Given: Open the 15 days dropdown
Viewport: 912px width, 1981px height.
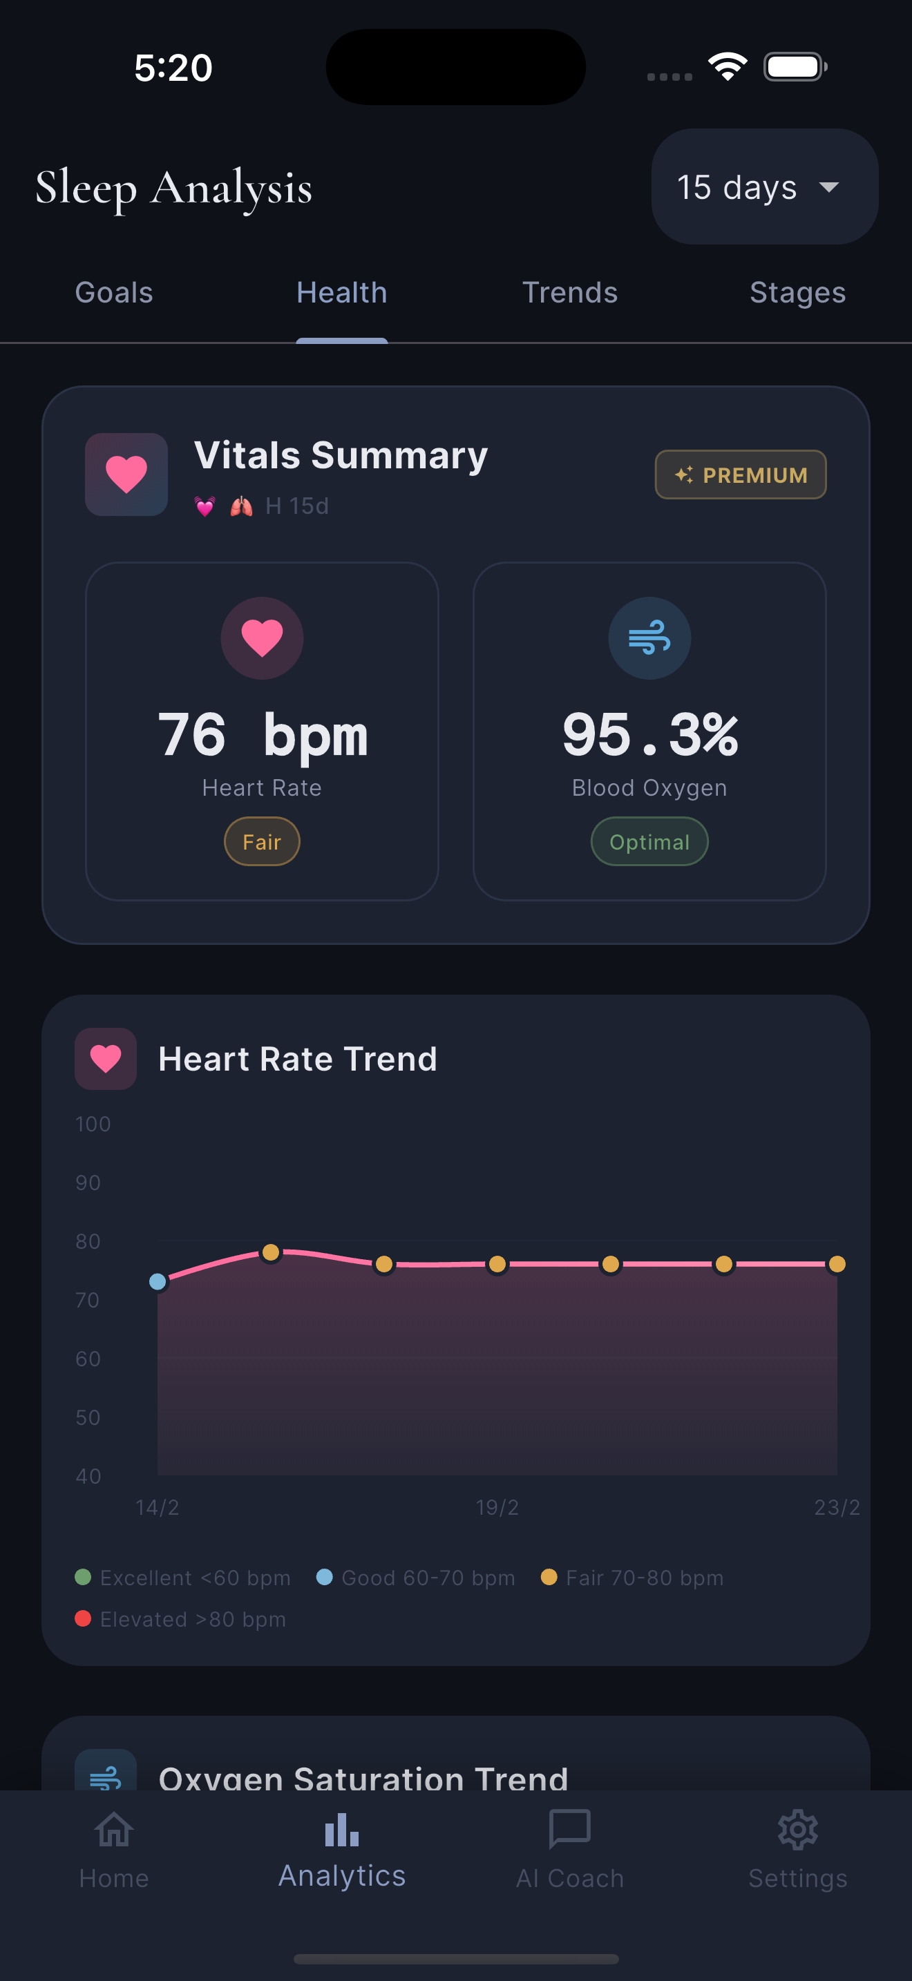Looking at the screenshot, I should [764, 187].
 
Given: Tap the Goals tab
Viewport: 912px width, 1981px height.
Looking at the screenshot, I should [114, 293].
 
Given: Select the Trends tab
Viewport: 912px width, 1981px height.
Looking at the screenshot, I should [570, 293].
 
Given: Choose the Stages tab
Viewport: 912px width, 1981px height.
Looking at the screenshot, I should [797, 293].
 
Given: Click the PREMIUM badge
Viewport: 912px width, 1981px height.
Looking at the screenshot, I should [741, 475].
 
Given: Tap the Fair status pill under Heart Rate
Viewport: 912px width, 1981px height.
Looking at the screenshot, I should [261, 842].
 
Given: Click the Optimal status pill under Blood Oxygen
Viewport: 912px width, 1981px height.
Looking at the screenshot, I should [649, 842].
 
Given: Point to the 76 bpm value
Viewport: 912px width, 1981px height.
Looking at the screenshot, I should [263, 734].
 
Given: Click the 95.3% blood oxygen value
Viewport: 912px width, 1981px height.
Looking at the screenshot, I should [649, 734].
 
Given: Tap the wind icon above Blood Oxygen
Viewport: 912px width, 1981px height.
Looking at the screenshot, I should [649, 638].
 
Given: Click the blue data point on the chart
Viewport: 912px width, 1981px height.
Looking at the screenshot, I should [158, 1281].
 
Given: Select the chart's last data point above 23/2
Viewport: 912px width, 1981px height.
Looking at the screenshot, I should [837, 1263].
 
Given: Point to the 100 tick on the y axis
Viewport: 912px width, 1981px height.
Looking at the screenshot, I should [93, 1125].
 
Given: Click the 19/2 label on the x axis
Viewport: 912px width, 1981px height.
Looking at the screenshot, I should [497, 1507].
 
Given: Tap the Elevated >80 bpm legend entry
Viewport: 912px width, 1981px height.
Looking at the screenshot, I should [181, 1619].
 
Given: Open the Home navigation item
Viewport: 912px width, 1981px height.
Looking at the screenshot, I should [114, 1849].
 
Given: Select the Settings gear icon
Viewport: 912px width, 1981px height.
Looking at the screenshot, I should [797, 1830].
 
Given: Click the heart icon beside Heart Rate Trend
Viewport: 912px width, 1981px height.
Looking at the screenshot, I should [105, 1059].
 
